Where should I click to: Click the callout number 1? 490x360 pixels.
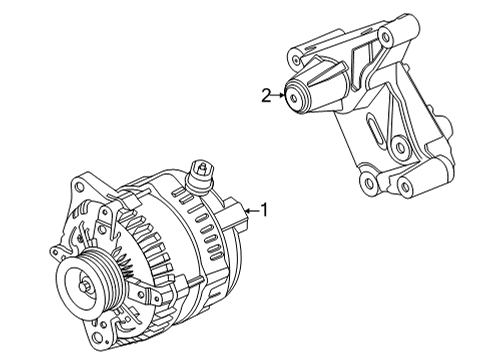click(264, 210)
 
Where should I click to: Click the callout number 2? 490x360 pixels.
click(266, 96)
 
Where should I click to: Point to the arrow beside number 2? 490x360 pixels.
click(278, 96)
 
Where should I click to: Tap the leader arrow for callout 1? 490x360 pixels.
click(252, 210)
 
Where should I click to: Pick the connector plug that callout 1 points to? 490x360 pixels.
click(236, 213)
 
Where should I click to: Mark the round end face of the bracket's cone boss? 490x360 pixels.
click(296, 97)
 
